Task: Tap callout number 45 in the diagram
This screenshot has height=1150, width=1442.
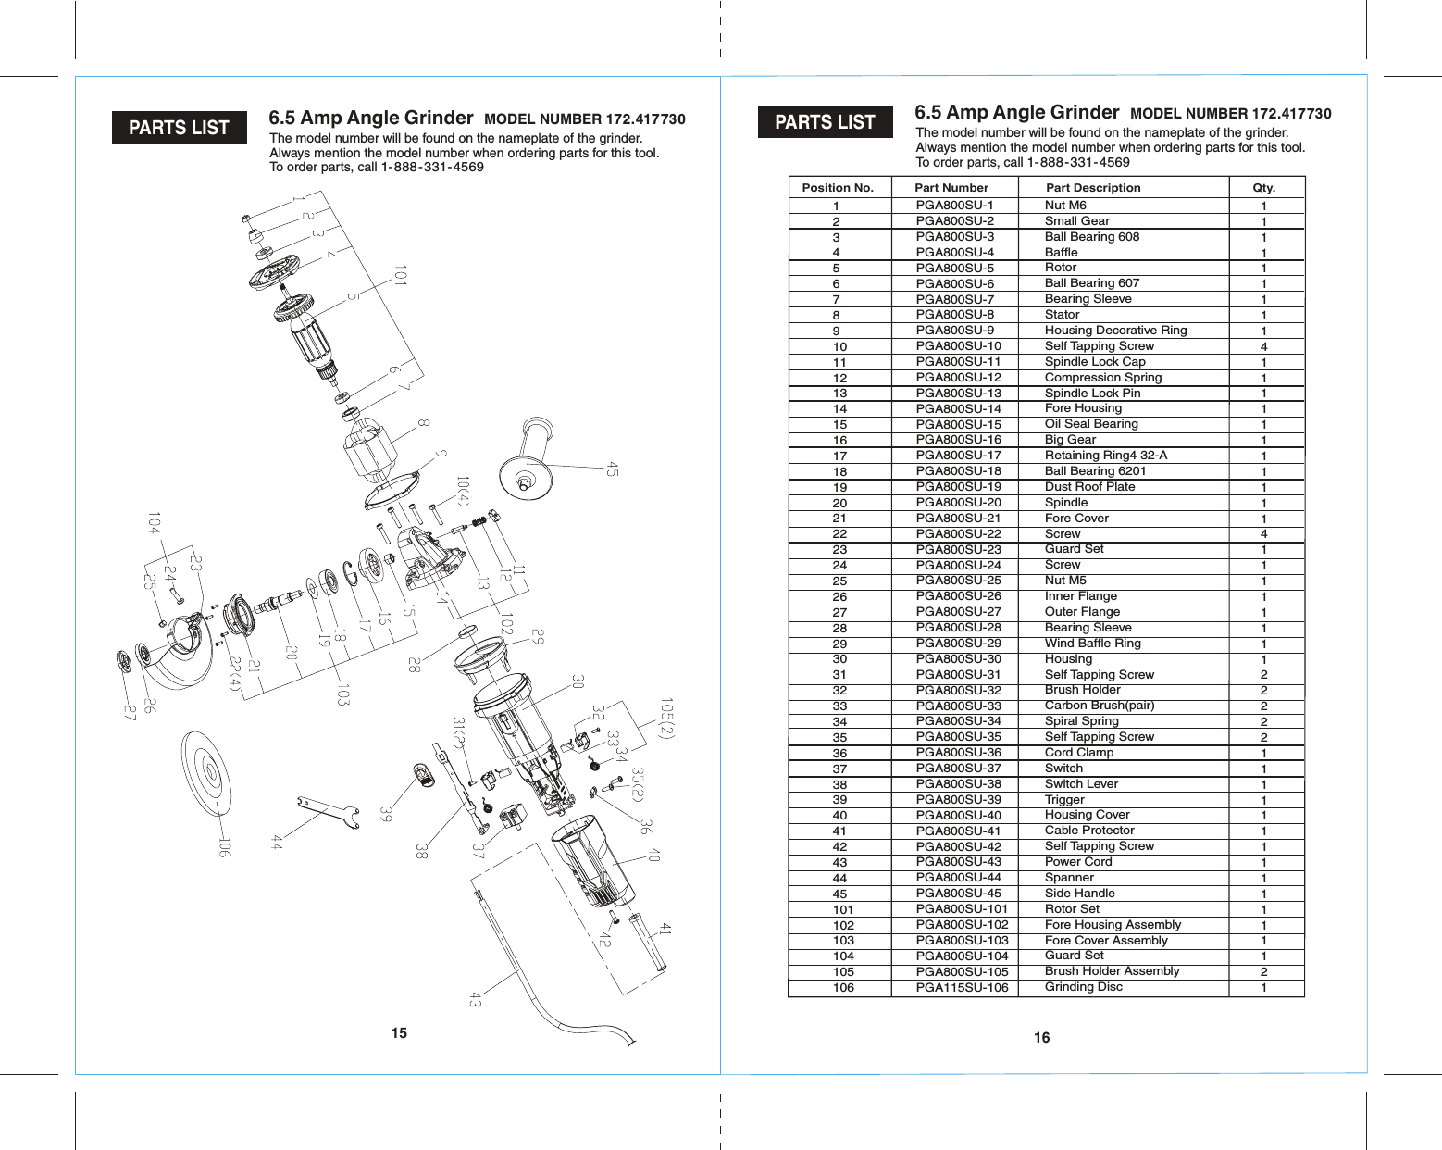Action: click(612, 469)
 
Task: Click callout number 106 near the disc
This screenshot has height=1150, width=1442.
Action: click(223, 846)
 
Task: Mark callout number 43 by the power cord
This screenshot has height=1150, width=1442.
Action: click(476, 999)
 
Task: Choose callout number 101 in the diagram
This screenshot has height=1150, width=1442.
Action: click(400, 275)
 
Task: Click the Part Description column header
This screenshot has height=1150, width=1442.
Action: click(1093, 188)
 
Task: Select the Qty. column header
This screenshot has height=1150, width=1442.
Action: click(1263, 188)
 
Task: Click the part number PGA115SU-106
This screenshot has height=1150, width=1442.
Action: click(962, 988)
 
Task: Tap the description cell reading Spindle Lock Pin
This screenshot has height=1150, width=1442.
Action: click(1092, 393)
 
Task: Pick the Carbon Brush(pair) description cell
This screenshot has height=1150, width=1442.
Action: click(1099, 706)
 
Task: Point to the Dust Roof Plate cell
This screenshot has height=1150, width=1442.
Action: click(1089, 486)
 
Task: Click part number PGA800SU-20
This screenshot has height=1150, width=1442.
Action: click(958, 502)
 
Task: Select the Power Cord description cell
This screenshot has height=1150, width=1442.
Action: click(1078, 861)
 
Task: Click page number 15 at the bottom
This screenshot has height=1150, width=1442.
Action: click(399, 1033)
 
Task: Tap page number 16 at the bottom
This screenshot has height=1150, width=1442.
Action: click(1042, 1038)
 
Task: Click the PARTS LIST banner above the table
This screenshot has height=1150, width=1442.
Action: click(825, 122)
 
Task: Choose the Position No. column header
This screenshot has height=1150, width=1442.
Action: click(838, 188)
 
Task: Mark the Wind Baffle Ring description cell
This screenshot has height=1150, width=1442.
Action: click(1092, 644)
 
